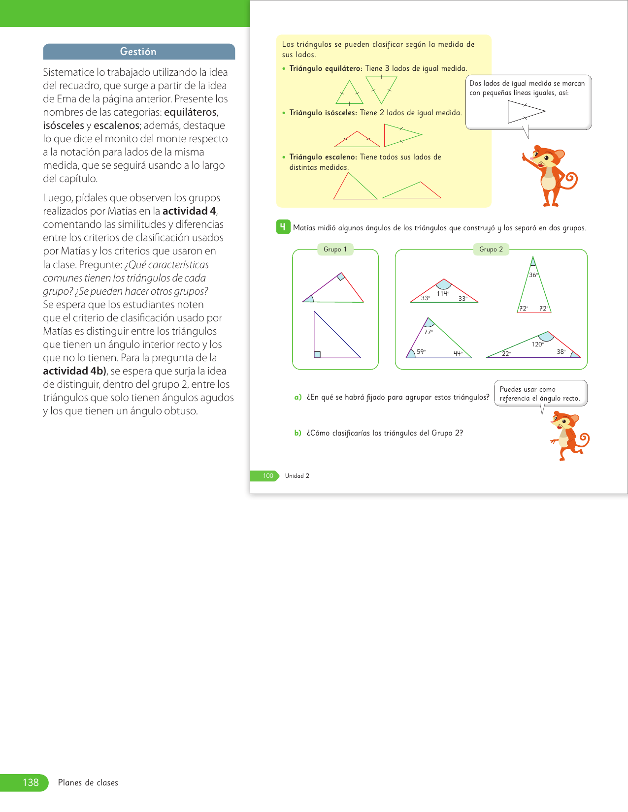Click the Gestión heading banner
[x=138, y=52]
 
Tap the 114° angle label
[x=442, y=293]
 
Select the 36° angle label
[x=533, y=275]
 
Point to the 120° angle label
[x=537, y=344]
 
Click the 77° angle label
[x=428, y=332]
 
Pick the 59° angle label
[x=421, y=352]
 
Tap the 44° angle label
[x=458, y=353]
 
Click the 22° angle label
[x=506, y=354]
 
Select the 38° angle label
[x=561, y=352]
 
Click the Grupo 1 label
[x=335, y=250]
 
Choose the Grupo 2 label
[x=491, y=250]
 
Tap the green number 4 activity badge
[x=283, y=227]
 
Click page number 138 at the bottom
[x=31, y=782]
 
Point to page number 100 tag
[x=267, y=476]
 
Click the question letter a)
[x=297, y=397]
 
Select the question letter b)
[x=297, y=433]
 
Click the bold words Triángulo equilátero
[x=326, y=68]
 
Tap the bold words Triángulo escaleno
[x=323, y=157]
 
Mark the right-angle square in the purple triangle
[x=317, y=354]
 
